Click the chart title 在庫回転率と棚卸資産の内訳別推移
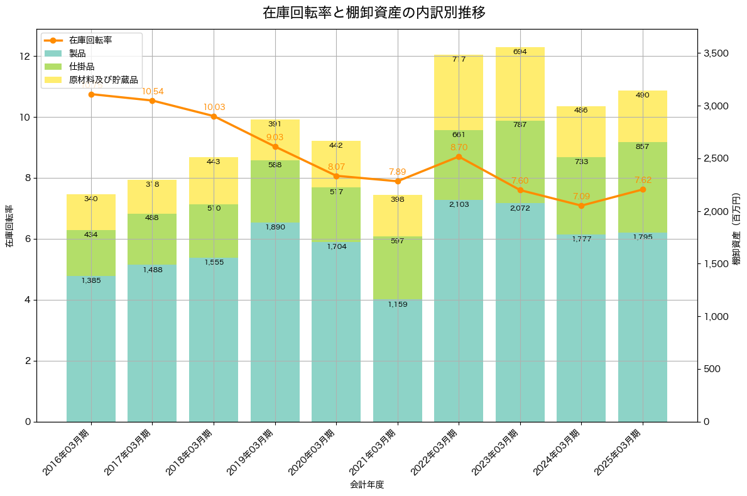pos(374,13)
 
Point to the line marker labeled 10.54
pos(152,101)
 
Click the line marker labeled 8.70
pos(459,157)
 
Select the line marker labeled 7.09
pos(581,206)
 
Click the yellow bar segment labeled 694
pos(520,84)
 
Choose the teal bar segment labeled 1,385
pos(91,349)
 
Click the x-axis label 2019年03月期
pos(252,451)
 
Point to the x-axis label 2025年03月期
pos(619,451)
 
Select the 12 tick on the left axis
pos(25,57)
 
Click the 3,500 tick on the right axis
pos(716,53)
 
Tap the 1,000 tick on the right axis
pos(716,317)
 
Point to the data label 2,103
pos(459,204)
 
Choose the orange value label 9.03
pos(275,137)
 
